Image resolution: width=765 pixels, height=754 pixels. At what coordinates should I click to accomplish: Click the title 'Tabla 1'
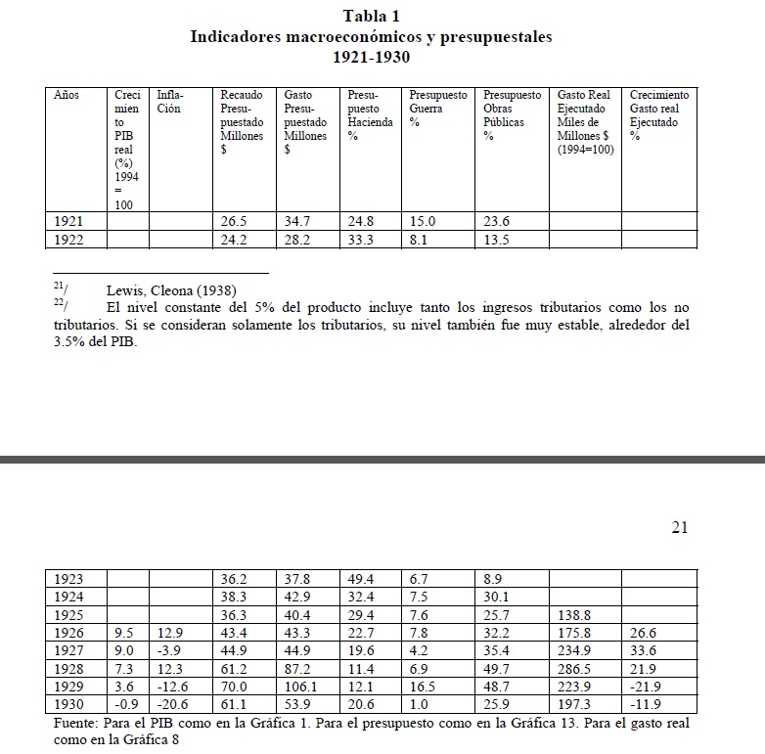[x=371, y=16]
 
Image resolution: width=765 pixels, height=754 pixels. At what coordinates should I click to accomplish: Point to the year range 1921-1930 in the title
[x=371, y=58]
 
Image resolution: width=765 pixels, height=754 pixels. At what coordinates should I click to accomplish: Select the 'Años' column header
[x=67, y=96]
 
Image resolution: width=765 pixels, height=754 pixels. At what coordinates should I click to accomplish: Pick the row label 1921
[x=67, y=222]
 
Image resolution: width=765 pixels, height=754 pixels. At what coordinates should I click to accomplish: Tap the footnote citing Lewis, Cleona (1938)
[x=170, y=288]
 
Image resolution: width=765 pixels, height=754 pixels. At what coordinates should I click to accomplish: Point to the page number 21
[x=680, y=528]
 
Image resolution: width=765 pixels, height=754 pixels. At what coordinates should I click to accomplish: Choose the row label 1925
[x=67, y=615]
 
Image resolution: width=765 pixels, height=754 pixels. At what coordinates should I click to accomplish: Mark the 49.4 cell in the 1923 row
[x=360, y=580]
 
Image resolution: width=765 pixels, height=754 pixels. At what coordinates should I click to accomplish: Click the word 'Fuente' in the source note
[x=75, y=723]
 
